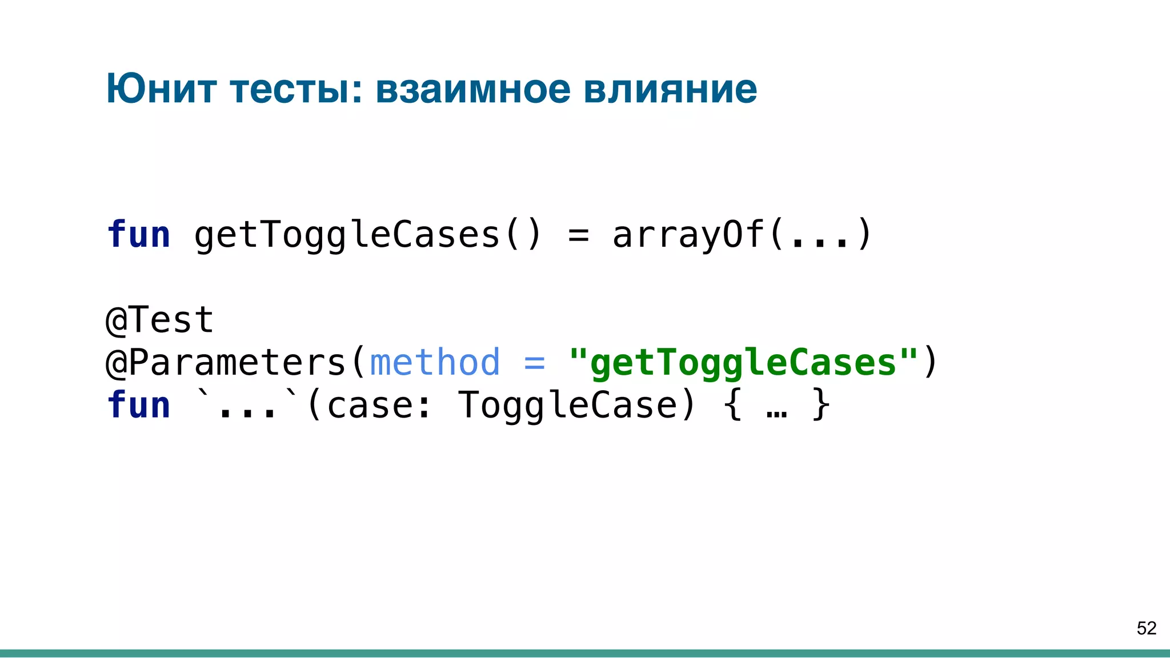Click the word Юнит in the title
pos(161,89)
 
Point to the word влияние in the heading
pos(670,89)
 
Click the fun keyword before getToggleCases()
pos(139,235)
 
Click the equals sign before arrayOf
pos(578,235)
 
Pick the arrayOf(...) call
pos(742,235)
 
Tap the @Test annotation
pos(160,319)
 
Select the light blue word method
pos(435,362)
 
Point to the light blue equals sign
pos(534,362)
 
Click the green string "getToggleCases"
pos(743,362)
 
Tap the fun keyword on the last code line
pos(139,405)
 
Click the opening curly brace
pos(732,405)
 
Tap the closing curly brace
pos(820,405)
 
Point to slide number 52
pos(1146,628)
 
